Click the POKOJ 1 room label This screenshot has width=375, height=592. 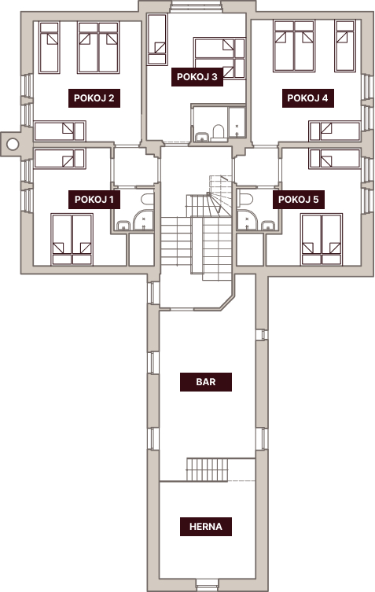click(94, 200)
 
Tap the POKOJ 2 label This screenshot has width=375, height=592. click(94, 98)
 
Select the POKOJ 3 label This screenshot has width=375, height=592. click(197, 77)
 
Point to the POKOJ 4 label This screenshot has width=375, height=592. click(307, 98)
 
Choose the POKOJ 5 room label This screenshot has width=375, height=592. click(299, 200)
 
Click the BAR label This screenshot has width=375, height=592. click(206, 382)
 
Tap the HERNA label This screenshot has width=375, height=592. click(206, 527)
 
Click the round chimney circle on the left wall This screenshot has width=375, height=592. click(13, 143)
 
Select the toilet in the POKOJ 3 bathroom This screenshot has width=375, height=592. click(219, 133)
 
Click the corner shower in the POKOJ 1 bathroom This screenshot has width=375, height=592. click(144, 220)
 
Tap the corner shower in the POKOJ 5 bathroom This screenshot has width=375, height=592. click(247, 220)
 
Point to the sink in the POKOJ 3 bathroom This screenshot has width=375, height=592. click(202, 136)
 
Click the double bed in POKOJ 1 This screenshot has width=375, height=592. click(72, 239)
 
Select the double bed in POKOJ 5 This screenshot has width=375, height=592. click(322, 239)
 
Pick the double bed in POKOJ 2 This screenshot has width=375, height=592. click(98, 48)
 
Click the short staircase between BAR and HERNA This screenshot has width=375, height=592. click(207, 469)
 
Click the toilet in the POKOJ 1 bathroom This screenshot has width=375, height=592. click(147, 200)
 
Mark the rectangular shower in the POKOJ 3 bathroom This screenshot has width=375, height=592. click(237, 123)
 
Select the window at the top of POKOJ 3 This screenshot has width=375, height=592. click(196, 7)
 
